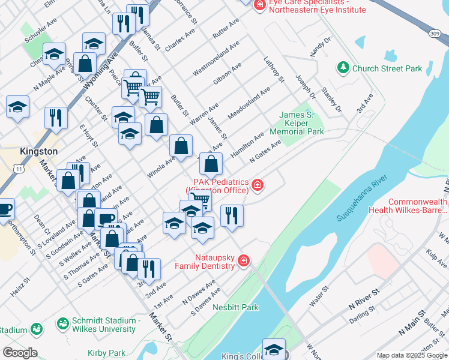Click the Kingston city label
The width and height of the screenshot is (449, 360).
(38, 151)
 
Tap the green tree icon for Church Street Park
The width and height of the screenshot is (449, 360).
(343, 68)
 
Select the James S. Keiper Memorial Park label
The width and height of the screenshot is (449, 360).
(297, 123)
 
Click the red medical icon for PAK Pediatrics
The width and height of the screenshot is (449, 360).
(258, 185)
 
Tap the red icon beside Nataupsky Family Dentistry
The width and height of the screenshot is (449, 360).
(243, 260)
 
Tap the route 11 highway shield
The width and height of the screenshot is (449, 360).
(20, 170)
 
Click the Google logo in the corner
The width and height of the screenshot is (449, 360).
(19, 353)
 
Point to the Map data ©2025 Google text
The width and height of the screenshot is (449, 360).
(412, 355)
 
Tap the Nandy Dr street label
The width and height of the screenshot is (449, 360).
(321, 47)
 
